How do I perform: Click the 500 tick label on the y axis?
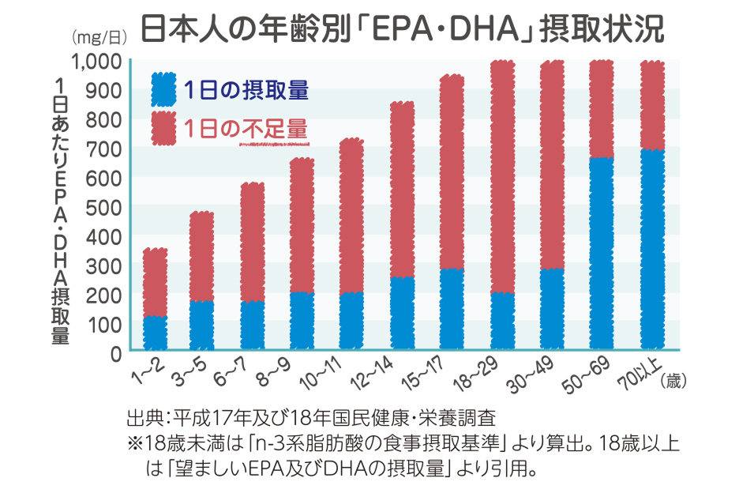[105, 207]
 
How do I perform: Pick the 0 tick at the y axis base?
[115, 353]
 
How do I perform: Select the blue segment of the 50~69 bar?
[602, 253]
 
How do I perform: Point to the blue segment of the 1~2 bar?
[155, 333]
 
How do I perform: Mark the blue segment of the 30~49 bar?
[552, 309]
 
